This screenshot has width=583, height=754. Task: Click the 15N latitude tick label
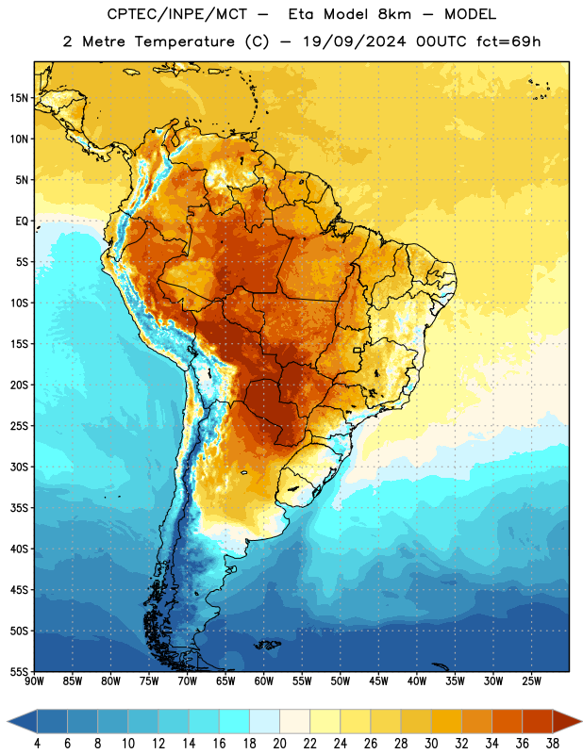(x=19, y=98)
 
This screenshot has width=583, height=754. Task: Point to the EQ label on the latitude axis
(x=22, y=221)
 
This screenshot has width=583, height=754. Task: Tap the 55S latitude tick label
(x=19, y=672)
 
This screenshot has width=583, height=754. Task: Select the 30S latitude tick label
(x=19, y=467)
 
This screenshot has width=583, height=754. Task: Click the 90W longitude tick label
(x=34, y=681)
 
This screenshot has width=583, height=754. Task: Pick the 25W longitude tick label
(x=531, y=681)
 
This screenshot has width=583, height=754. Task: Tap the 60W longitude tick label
(x=264, y=681)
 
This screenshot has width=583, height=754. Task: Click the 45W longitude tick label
(x=378, y=681)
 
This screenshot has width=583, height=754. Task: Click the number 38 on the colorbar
(x=553, y=744)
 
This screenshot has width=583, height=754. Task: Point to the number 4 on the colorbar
(x=37, y=744)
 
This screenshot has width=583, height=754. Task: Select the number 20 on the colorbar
(x=279, y=744)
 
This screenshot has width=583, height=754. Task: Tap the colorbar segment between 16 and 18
(x=235, y=722)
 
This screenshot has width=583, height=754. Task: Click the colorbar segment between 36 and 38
(x=538, y=722)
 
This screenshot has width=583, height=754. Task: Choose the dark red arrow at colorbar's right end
(x=566, y=722)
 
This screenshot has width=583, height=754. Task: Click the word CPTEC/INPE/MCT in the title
(x=177, y=14)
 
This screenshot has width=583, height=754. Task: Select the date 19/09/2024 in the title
(x=355, y=41)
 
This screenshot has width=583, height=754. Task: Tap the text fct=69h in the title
(x=508, y=41)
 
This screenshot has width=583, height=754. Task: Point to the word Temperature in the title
(x=184, y=41)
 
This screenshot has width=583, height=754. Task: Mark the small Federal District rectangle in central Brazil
(x=358, y=350)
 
